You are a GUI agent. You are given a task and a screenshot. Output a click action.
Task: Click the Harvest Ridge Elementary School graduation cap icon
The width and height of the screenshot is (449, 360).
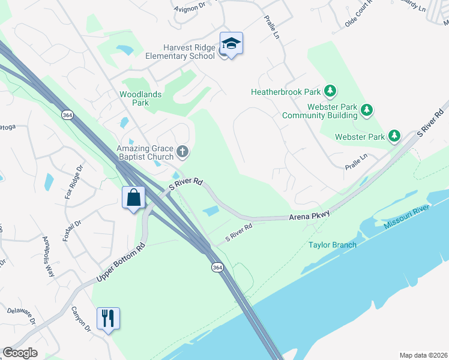(x=231, y=44)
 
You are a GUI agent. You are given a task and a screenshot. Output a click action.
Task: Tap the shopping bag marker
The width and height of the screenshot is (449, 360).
(x=133, y=197)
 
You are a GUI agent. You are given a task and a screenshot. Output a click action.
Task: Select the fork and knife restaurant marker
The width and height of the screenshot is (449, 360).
(x=108, y=318)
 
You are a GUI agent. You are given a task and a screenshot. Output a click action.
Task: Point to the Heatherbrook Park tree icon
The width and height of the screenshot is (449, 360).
(x=330, y=91)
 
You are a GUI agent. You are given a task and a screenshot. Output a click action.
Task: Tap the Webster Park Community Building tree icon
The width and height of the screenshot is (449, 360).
(x=367, y=110)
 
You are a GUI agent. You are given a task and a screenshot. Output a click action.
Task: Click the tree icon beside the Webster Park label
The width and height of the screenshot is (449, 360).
(x=394, y=136)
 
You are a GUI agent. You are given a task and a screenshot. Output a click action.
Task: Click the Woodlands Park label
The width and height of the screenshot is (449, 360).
(x=134, y=98)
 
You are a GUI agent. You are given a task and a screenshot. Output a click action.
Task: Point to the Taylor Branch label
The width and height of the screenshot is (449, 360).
(x=333, y=245)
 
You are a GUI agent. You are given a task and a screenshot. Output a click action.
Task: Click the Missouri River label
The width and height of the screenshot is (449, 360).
(x=408, y=215)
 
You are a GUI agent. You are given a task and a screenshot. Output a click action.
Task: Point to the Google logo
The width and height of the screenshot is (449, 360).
(x=20, y=353)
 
